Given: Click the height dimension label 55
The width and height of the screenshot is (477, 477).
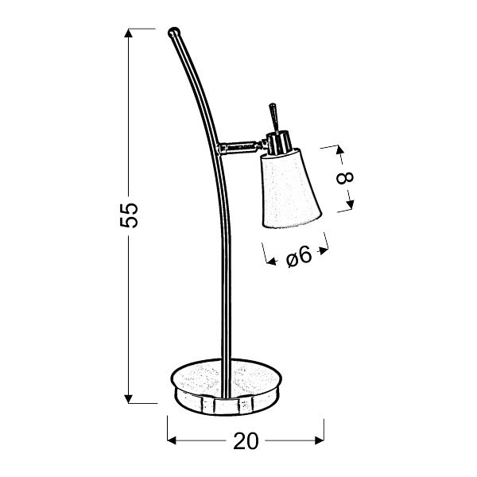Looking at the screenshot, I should click(x=130, y=215).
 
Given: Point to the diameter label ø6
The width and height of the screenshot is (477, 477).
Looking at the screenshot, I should click(x=296, y=256).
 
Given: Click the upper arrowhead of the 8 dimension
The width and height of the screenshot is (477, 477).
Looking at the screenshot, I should click(x=337, y=149).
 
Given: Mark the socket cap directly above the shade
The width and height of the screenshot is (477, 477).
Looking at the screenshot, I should click(x=278, y=143).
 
